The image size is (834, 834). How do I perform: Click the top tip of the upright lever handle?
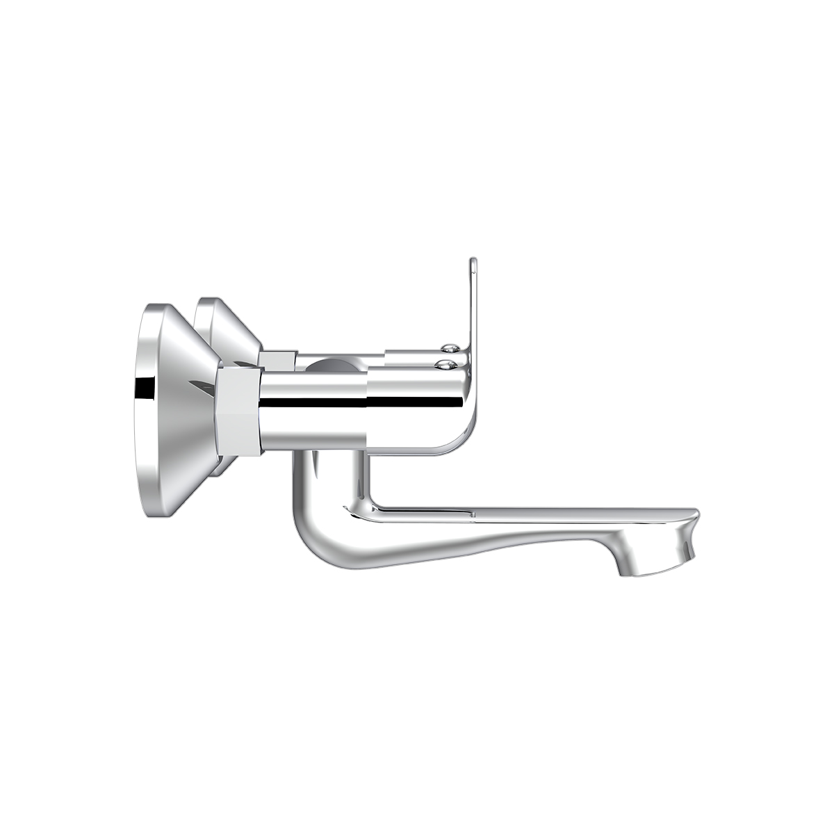click(473, 261)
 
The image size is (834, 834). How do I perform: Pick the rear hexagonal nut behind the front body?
click(277, 359)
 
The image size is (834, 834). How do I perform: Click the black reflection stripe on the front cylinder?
click(313, 402)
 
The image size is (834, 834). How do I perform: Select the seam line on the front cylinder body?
click(366, 410)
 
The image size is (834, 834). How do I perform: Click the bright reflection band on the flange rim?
click(142, 389)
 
